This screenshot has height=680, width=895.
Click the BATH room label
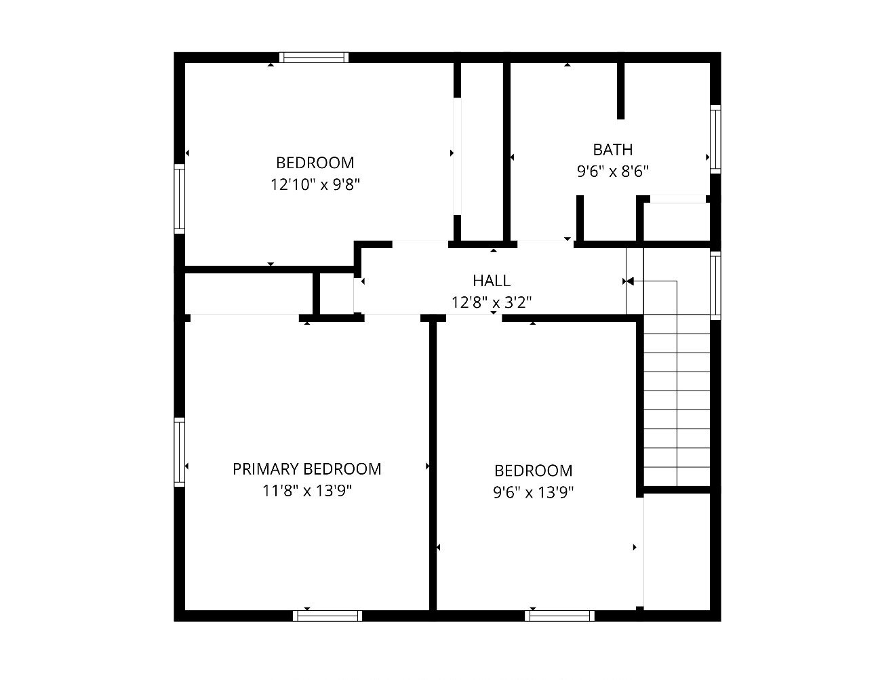[612, 150]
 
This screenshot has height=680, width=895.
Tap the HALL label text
[492, 281]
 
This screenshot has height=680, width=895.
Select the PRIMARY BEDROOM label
[306, 469]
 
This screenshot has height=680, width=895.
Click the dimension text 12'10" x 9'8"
[315, 184]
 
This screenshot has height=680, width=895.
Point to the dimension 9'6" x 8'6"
[612, 172]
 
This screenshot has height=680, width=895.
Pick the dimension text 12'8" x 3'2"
[492, 302]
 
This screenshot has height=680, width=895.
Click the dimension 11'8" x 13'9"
[306, 490]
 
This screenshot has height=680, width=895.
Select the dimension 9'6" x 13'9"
[534, 492]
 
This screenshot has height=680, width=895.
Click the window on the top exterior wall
[314, 58]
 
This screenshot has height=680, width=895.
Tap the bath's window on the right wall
[715, 140]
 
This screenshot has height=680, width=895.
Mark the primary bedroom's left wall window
[180, 452]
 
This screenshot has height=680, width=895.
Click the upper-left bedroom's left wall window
[180, 199]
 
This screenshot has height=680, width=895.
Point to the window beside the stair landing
[715, 285]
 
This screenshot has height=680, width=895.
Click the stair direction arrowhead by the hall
[630, 281]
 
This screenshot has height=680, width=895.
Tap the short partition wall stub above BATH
[620, 90]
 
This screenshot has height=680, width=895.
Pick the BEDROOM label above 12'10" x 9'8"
[315, 163]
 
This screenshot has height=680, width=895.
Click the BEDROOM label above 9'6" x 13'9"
[534, 471]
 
